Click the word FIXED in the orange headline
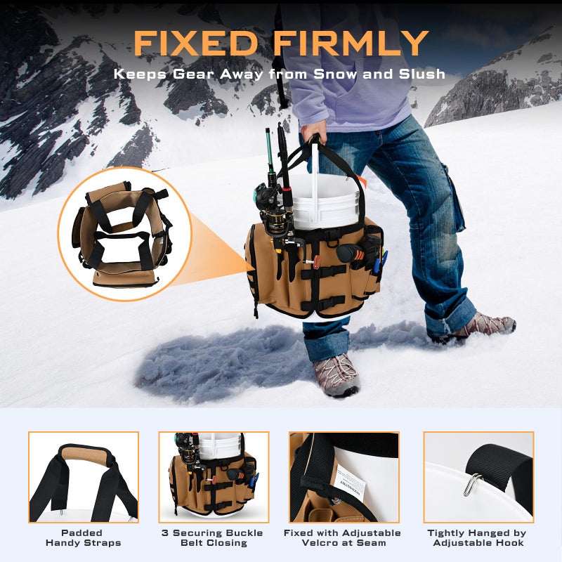196,43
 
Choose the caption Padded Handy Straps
83,537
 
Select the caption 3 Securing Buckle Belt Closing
213,537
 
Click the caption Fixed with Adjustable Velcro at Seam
343,537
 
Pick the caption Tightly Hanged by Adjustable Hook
478,537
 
